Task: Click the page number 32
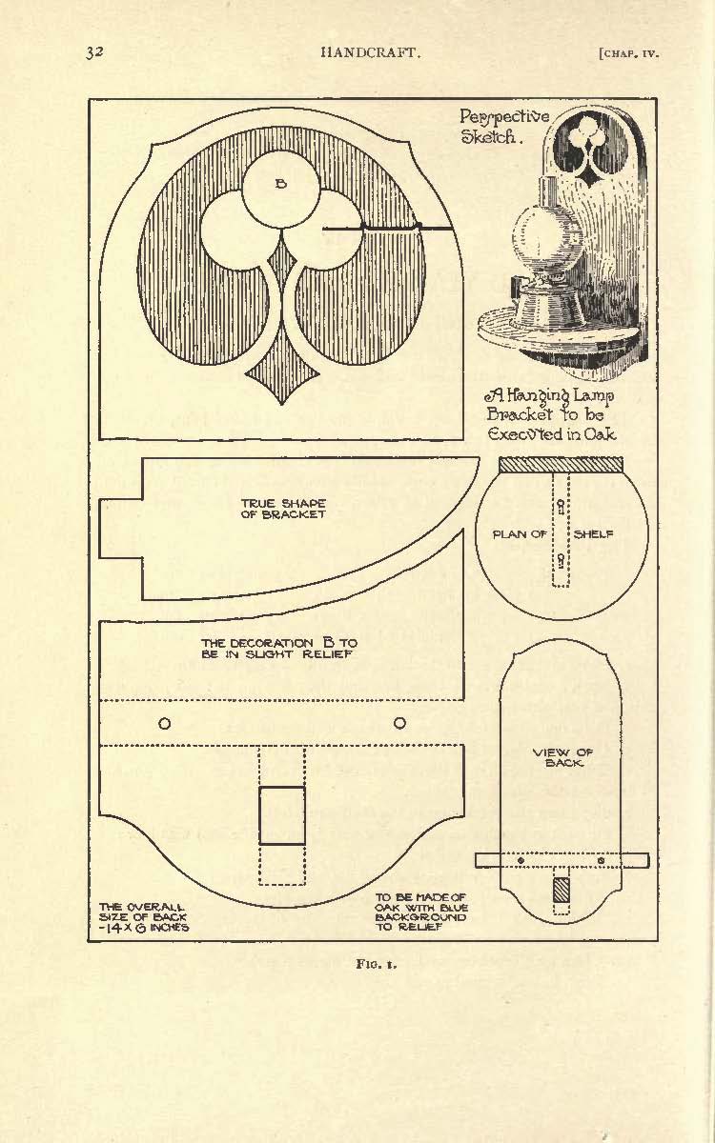coord(94,52)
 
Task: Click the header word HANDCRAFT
coord(371,52)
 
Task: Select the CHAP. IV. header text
coord(628,53)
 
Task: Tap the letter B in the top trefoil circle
coord(281,184)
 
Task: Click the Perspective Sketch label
coord(504,127)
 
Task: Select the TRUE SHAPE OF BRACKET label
coord(283,509)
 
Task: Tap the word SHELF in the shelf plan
coord(593,534)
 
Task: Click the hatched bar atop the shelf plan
coord(561,465)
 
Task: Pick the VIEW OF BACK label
coord(562,757)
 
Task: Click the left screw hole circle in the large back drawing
coord(164,723)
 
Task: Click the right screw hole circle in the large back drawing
coord(399,723)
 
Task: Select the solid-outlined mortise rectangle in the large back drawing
coord(282,815)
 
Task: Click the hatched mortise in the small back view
coord(561,890)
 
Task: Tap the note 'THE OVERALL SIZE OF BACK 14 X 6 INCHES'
coord(144,916)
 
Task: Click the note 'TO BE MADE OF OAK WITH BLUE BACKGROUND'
coord(421,912)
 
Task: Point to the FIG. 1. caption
coord(378,964)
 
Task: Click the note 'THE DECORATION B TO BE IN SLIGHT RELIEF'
coord(278,648)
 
